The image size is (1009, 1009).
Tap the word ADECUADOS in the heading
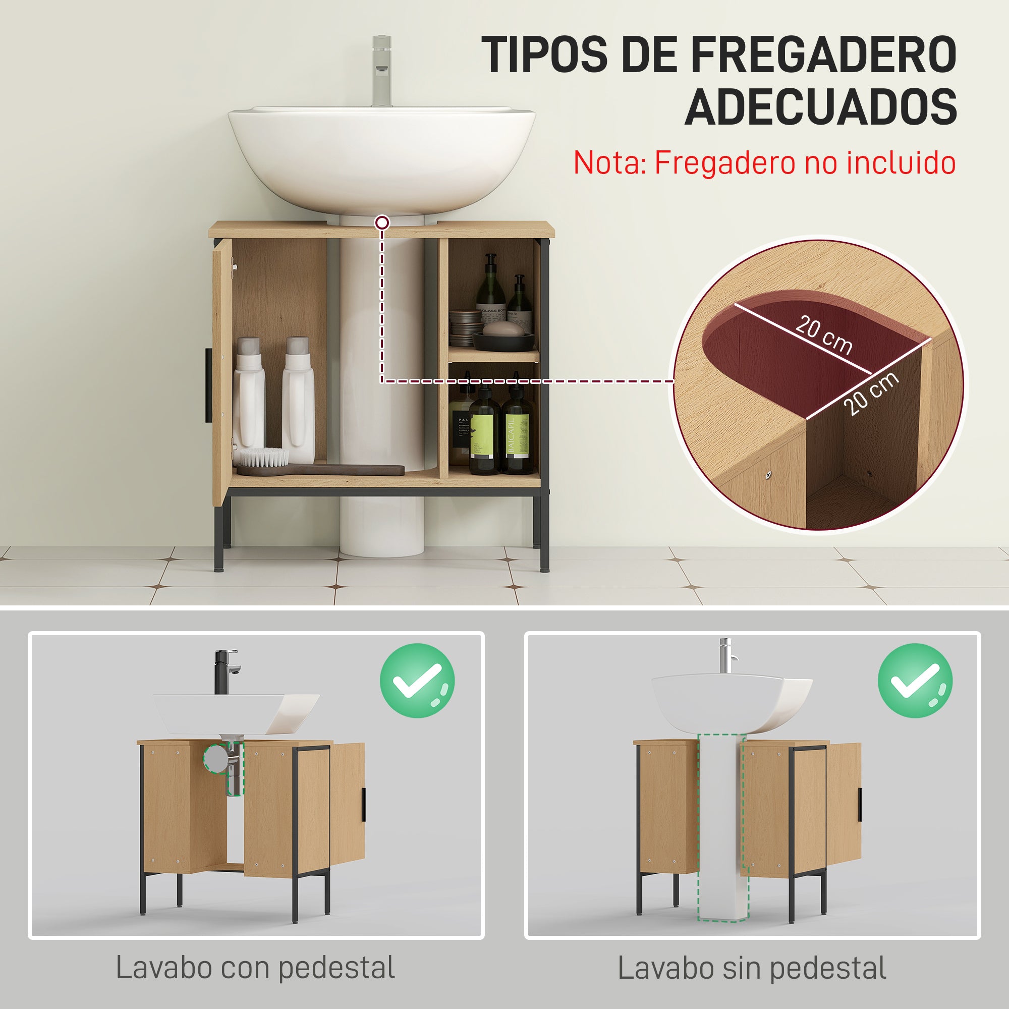click(820, 107)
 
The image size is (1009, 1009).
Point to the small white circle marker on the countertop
click(382, 223)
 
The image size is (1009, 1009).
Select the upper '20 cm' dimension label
click(824, 335)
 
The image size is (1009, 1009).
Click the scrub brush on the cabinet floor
click(261, 457)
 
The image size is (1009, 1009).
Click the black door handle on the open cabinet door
click(208, 385)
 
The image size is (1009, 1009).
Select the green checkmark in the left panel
click(417, 681)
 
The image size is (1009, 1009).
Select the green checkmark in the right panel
click(915, 681)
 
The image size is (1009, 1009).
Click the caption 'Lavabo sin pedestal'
click(752, 968)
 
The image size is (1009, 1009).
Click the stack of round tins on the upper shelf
click(465, 327)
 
